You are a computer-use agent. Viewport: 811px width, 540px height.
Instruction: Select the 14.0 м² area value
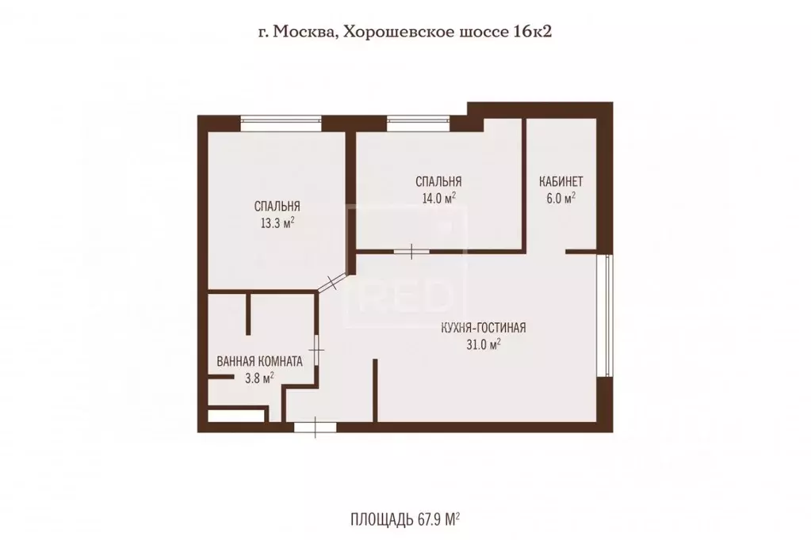[x=438, y=199]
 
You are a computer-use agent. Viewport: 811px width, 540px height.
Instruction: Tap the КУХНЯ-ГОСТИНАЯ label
[x=484, y=327]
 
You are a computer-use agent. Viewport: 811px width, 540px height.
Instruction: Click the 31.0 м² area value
[x=484, y=345]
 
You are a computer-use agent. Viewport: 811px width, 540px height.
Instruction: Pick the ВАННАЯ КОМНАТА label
[x=259, y=361]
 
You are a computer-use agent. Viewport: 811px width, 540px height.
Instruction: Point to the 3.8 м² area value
[x=259, y=378]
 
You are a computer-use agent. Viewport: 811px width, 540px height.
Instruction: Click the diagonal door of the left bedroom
[x=331, y=283]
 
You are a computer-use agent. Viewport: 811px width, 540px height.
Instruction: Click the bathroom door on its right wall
[x=316, y=348]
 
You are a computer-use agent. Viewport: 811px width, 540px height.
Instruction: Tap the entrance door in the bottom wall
[x=315, y=427]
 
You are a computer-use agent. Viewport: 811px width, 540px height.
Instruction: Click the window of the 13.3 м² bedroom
[x=281, y=123]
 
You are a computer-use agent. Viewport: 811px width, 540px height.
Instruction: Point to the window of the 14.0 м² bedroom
[x=417, y=123]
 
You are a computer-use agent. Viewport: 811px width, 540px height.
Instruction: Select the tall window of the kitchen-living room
[x=606, y=314]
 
